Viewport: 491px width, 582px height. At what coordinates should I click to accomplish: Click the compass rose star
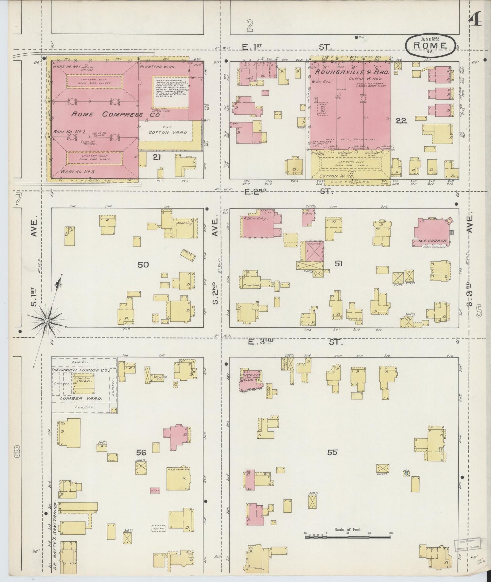coord(47,320)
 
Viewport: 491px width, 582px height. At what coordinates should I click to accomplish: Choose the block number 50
coord(143,264)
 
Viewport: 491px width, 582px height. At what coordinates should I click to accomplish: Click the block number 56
coord(141,452)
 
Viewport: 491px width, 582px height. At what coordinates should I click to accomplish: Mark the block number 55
coord(332,452)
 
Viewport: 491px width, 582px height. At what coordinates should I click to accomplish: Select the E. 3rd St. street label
coord(294,342)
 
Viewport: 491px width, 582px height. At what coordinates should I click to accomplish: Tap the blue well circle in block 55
coord(406,474)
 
